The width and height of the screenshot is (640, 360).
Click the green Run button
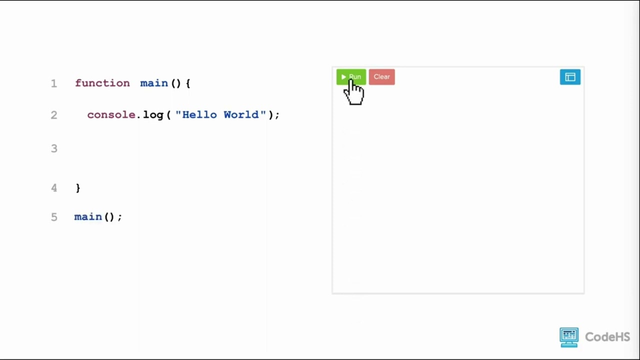pos(351,77)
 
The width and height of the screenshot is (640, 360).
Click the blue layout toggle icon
pos(570,77)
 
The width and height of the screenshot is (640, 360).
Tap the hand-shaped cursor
pos(354,92)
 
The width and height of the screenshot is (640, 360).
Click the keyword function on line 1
pos(102,83)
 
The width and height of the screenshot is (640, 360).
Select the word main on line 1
pos(154,83)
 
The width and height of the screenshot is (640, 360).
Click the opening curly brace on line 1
pos(188,83)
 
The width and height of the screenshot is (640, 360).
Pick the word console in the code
pos(111,115)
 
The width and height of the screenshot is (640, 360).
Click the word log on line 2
pos(153,115)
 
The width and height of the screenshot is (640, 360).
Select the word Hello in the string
pos(199,114)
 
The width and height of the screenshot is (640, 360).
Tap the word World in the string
pos(241,114)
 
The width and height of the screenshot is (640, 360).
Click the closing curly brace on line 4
pos(78,188)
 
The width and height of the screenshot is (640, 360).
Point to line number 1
pos(54,83)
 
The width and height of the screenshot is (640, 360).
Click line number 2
pos(54,115)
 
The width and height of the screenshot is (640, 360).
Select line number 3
pos(54,148)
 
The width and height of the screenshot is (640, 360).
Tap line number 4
pos(54,188)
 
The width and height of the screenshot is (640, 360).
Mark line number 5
pos(54,217)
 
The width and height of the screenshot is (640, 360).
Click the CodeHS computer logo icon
pos(569,337)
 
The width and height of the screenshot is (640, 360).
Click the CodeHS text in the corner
pos(607,337)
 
